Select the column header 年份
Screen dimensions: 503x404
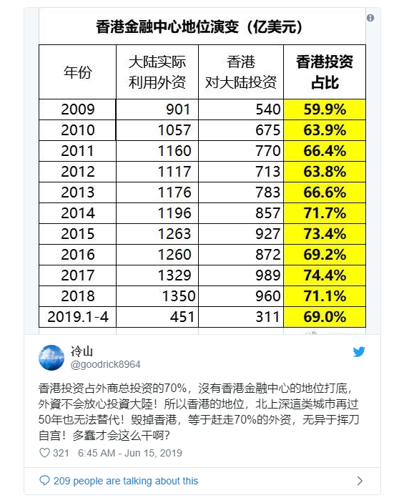[78, 72]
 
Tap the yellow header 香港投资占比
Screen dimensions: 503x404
[325, 72]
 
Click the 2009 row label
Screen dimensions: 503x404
[78, 109]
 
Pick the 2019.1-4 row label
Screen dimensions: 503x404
[77, 316]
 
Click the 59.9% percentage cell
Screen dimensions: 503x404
[325, 109]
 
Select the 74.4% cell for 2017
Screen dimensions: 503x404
[325, 275]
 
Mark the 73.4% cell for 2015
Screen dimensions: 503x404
[325, 233]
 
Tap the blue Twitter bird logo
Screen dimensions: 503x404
[359, 352]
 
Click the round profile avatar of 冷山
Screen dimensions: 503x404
[51, 357]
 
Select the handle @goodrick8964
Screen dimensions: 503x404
[105, 364]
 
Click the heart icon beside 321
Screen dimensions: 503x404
[44, 453]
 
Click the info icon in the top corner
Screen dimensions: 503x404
[370, 17]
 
